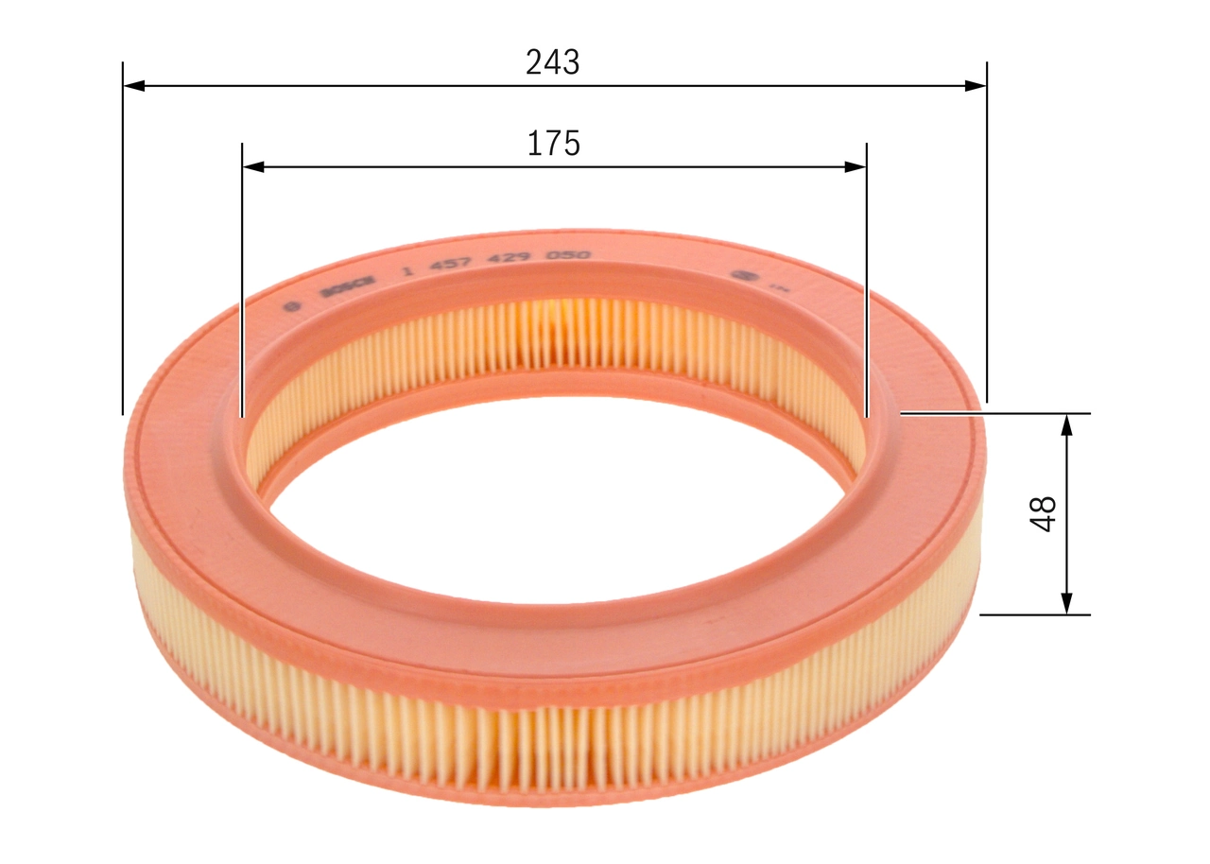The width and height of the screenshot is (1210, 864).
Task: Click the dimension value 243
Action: tap(553, 62)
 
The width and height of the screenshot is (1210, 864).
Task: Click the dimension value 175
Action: tap(553, 144)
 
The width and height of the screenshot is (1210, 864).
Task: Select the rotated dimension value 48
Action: tap(1045, 513)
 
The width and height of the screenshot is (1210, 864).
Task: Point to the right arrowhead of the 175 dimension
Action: tap(856, 167)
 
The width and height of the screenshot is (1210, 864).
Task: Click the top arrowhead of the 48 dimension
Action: tap(1067, 424)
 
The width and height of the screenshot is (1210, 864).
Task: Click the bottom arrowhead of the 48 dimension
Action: tap(1067, 603)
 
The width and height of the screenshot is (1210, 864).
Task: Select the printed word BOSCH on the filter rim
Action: tap(347, 285)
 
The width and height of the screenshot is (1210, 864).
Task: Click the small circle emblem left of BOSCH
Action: tap(292, 305)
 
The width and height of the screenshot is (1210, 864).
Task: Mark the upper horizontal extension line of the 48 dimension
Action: tap(993, 413)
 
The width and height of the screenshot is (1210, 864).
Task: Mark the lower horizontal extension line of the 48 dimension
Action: tap(1035, 614)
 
